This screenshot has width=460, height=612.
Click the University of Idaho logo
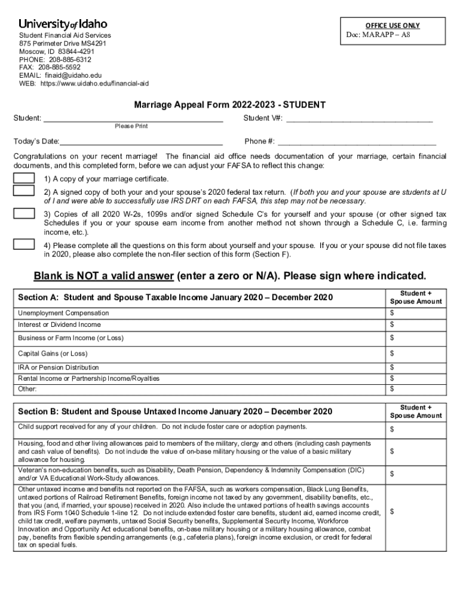pos(63,24)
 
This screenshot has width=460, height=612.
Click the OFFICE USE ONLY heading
pos(392,25)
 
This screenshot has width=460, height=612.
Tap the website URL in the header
pos(94,84)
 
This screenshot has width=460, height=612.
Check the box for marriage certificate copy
pos(24,179)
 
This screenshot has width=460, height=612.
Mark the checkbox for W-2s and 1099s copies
pos(24,213)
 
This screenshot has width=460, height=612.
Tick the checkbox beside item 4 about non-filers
pos(24,244)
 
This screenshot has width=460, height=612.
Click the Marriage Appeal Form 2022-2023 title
pos(230,105)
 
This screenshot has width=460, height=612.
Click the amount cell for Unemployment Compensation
pos(416,313)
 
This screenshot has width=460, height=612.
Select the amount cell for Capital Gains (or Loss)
pos(416,354)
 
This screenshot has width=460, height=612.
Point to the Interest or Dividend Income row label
pos(60,325)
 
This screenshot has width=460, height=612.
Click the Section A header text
pos(175,297)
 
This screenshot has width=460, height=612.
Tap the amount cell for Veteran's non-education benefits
pos(416,474)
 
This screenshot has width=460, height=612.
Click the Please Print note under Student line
pos(131,126)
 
